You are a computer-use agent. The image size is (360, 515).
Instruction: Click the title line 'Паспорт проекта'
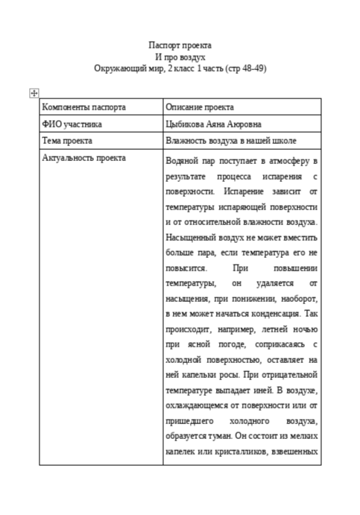click(180, 45)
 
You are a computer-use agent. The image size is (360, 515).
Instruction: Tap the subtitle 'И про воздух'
click(180, 57)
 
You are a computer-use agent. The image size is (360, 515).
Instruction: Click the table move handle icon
click(34, 92)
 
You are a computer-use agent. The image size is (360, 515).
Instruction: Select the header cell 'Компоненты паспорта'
click(83, 107)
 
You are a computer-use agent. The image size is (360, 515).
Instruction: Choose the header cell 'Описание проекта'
click(200, 107)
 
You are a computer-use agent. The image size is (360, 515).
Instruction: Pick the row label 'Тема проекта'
click(68, 140)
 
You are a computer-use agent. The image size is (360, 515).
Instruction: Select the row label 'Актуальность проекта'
click(84, 157)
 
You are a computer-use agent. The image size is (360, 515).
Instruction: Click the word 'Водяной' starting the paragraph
click(183, 161)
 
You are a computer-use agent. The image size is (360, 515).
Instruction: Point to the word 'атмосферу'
click(285, 161)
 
